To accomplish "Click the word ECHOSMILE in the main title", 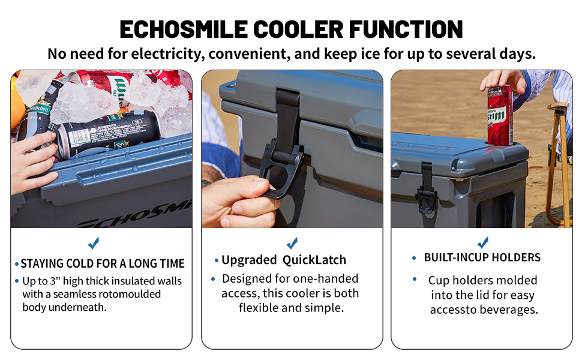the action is click(184, 29).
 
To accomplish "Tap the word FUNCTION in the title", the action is click(406, 29).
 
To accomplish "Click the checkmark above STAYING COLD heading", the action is click(94, 243).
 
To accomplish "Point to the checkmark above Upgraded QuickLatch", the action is click(292, 243).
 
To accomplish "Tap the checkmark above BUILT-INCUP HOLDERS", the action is click(483, 242).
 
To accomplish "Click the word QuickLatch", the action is click(314, 260).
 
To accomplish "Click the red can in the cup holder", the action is click(500, 115).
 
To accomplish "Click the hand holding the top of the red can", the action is click(504, 81).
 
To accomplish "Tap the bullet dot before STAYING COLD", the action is click(17, 264).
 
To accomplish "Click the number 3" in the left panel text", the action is click(55, 281).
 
